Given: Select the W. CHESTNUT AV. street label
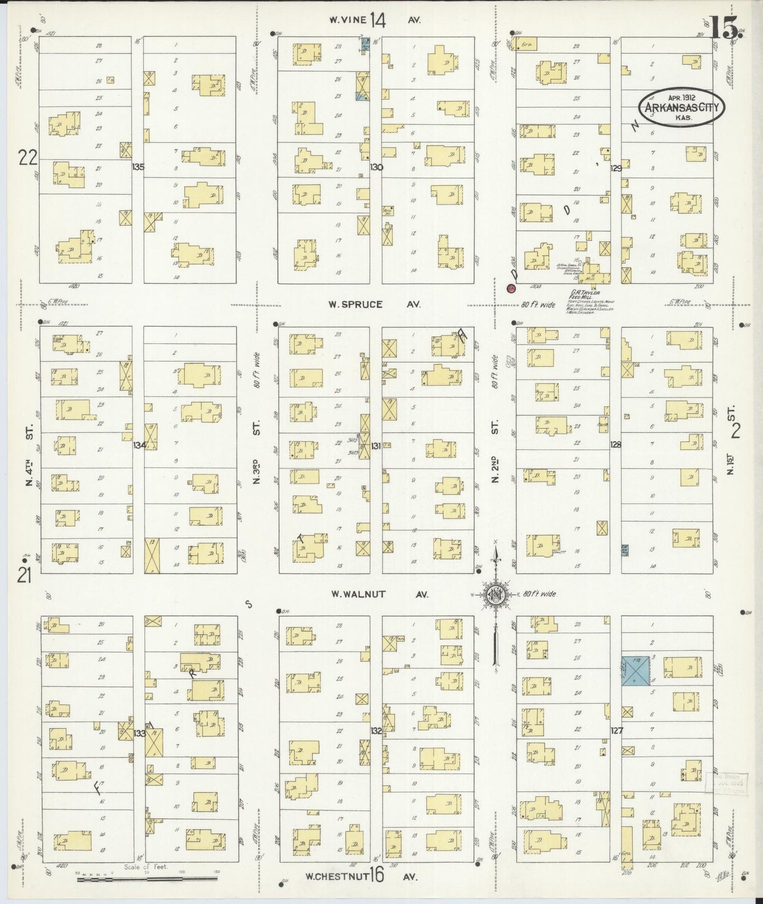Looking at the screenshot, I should click(x=362, y=877).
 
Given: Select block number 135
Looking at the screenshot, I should click(x=138, y=167).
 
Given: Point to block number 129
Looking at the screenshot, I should click(x=616, y=168).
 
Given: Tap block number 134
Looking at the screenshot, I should click(x=139, y=445).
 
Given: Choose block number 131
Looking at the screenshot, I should click(x=375, y=446).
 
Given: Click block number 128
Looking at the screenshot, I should click(x=615, y=445).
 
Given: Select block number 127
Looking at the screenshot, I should click(x=616, y=730).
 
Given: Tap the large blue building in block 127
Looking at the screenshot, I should click(x=635, y=671).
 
